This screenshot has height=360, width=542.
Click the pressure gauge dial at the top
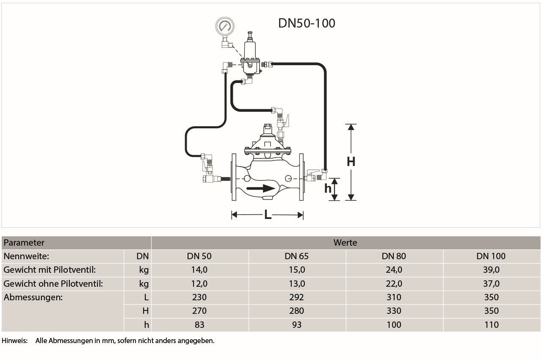tap(224, 26)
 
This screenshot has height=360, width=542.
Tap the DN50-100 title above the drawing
tap(307, 23)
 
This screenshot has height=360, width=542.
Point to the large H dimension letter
tap(351, 161)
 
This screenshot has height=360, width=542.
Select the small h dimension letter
tap(328, 188)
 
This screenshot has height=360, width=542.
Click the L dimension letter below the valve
tap(268, 215)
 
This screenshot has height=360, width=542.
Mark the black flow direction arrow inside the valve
tap(261, 188)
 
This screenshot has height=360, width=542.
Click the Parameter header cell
tap(24, 243)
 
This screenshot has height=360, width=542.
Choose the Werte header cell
tap(345, 243)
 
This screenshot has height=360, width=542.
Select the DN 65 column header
tap(296, 256)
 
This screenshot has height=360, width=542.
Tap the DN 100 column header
tap(491, 256)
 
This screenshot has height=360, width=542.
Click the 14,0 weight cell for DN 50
tap(199, 270)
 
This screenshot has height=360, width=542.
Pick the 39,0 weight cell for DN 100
tap(491, 270)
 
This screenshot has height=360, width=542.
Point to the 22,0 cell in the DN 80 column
tap(394, 283)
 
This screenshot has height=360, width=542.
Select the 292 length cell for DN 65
tap(296, 297)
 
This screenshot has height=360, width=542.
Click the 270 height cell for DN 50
tap(199, 311)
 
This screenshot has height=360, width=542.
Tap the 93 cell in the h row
tap(296, 325)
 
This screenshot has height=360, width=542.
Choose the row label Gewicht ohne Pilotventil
tap(53, 283)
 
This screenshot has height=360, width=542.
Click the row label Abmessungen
tap(33, 297)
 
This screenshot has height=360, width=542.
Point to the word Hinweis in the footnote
tap(14, 341)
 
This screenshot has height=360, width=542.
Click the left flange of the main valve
tap(234, 177)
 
